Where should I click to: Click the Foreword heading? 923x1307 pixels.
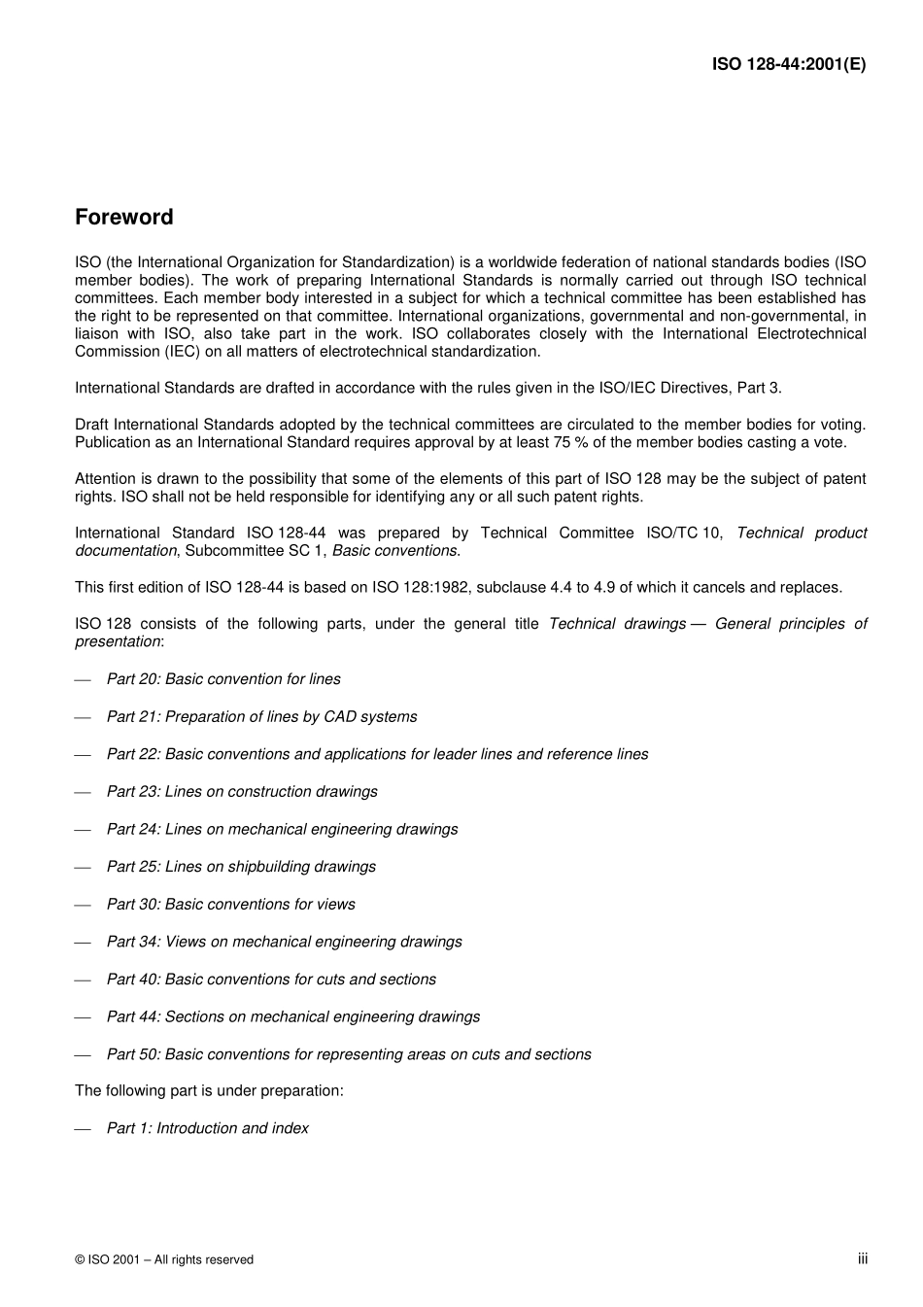coord(123,218)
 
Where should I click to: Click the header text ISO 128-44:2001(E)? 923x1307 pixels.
coord(788,65)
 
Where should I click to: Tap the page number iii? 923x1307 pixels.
coord(862,1258)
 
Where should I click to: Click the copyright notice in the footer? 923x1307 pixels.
coord(163,1259)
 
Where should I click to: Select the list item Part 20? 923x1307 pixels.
coord(222,679)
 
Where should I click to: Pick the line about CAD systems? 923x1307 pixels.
coord(261,717)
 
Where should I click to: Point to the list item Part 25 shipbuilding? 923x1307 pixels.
coord(240,867)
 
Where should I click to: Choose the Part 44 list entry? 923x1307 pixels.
coord(292,1016)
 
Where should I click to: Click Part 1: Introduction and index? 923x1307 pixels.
coord(207,1128)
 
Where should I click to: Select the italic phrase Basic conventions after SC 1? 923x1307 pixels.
coord(394,551)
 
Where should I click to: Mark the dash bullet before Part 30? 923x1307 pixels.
coord(83,905)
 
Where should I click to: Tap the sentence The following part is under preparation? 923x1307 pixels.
coord(209,1090)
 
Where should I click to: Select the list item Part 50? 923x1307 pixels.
coord(348,1054)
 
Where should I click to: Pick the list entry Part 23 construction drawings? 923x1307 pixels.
coord(241,792)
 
